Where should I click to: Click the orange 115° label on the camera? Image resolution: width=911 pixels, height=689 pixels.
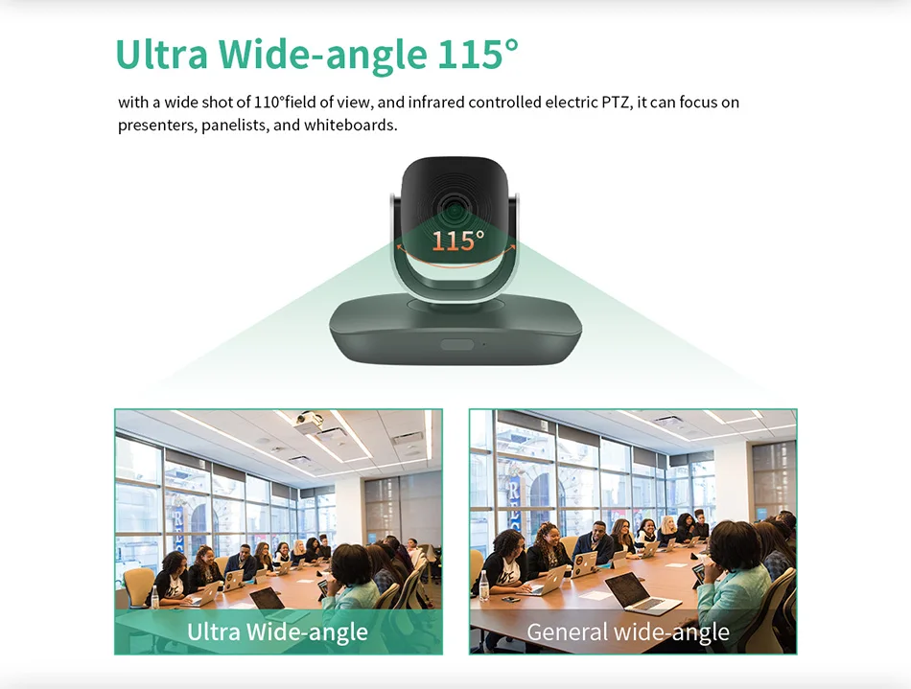pyautogui.click(x=457, y=241)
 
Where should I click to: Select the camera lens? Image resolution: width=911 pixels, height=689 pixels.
pyautogui.click(x=455, y=208)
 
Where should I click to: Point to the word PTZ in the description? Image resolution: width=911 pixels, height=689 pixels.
pyautogui.click(x=616, y=103)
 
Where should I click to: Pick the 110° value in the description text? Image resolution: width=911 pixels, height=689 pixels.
pyautogui.click(x=269, y=103)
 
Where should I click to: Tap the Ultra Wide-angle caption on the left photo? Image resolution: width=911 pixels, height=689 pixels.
pyautogui.click(x=277, y=632)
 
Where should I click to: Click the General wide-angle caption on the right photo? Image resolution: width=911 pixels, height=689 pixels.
pyautogui.click(x=628, y=632)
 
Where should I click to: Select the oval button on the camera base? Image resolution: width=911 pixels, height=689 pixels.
pyautogui.click(x=457, y=345)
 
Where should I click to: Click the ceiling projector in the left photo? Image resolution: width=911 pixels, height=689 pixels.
pyautogui.click(x=308, y=423)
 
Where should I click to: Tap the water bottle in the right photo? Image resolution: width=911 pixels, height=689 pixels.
pyautogui.click(x=484, y=586)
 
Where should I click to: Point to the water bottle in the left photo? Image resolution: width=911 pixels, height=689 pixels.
pyautogui.click(x=154, y=597)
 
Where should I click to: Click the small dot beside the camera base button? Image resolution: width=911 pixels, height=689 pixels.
pyautogui.click(x=483, y=345)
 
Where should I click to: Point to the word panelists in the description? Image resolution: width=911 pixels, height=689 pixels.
pyautogui.click(x=235, y=126)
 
